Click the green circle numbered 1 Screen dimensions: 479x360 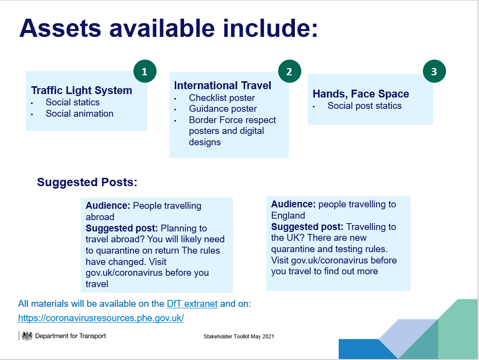click(145, 71)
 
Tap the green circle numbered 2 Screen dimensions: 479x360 click(289, 71)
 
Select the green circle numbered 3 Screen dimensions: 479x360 click(434, 71)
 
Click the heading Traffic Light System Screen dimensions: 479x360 click(82, 91)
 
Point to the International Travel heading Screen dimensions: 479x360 click(223, 86)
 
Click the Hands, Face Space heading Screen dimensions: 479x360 click(361, 94)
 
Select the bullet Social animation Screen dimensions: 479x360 click(79, 114)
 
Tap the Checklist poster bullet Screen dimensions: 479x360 click(222, 98)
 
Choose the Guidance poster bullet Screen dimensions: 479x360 click(223, 109)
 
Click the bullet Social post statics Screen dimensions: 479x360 click(364, 106)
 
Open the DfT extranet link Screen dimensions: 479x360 click(192, 304)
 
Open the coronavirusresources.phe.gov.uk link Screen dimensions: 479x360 click(101, 318)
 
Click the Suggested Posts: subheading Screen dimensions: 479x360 click(87, 182)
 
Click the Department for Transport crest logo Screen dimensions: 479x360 click(27, 336)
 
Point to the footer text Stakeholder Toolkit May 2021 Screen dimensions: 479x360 click(239, 336)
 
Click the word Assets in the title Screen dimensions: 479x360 click(60, 29)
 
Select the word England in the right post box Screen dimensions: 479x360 click(288, 215)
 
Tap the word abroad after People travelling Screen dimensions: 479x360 click(100, 217)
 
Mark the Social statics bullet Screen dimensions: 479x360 click(73, 102)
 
